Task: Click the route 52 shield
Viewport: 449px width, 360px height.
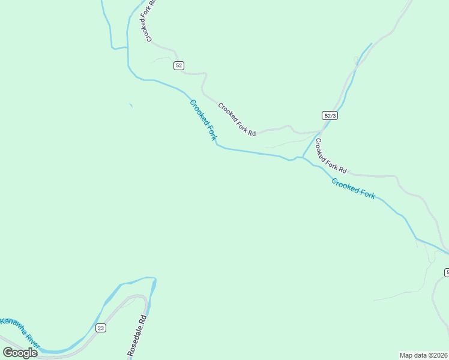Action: [x=179, y=65]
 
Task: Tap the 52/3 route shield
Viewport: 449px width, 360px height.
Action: [x=330, y=115]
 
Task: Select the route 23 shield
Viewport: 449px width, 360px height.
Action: [x=101, y=328]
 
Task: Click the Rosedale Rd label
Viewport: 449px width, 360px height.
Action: [x=137, y=337]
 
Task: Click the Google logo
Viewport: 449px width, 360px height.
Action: [x=20, y=352]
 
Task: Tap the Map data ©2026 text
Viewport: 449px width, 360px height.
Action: [x=423, y=355]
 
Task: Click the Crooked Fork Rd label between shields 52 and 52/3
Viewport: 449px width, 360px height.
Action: [x=237, y=119]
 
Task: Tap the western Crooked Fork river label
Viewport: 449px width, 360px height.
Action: [x=203, y=120]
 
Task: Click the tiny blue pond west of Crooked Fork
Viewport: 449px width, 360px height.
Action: [x=130, y=106]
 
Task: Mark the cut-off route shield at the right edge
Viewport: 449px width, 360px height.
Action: [x=447, y=272]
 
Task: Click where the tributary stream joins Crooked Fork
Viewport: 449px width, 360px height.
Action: [x=302, y=158]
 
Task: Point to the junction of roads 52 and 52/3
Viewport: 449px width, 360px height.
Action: [x=319, y=131]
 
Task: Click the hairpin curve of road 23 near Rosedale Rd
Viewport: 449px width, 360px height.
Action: [x=143, y=297]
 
